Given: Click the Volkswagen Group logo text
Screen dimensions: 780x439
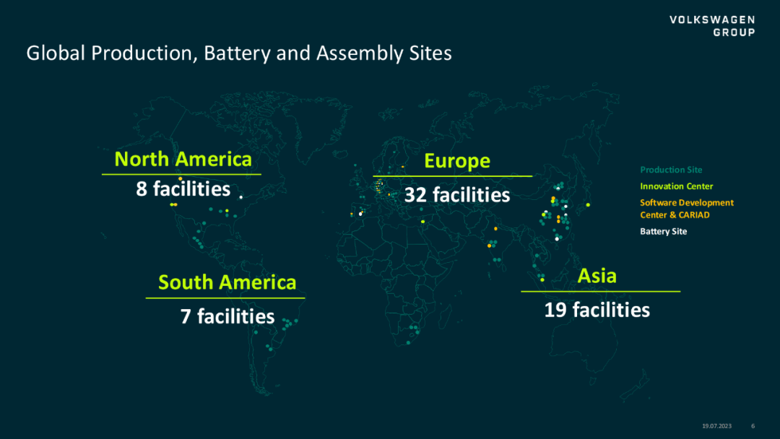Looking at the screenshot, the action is (712, 26).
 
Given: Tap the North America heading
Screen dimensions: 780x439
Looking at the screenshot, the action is (183, 159).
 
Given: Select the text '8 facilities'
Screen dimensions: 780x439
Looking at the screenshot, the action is (183, 189).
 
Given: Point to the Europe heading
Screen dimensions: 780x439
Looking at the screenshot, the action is (457, 161).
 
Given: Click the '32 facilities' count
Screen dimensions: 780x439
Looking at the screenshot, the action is (457, 195).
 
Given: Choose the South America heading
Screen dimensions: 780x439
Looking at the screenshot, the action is (227, 282).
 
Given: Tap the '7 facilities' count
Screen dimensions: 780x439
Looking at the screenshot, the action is (227, 316).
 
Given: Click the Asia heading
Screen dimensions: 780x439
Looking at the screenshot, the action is (597, 276).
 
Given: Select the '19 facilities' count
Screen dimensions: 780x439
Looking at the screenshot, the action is (597, 310).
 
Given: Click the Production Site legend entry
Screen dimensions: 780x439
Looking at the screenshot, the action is (671, 170).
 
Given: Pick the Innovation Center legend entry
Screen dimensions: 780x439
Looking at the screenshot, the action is (677, 186).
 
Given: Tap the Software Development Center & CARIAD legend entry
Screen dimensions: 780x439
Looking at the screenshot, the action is (687, 209).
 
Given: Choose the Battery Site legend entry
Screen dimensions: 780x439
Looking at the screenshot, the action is (663, 232).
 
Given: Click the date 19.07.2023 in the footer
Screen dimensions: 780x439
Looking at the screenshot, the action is (717, 426).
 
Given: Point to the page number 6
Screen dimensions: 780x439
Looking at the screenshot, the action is (753, 426).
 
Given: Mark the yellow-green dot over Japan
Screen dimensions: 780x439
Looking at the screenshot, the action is (588, 205).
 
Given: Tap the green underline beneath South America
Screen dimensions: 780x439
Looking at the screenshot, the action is (225, 298).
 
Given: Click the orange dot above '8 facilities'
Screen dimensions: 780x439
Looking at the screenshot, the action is (180, 178).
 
